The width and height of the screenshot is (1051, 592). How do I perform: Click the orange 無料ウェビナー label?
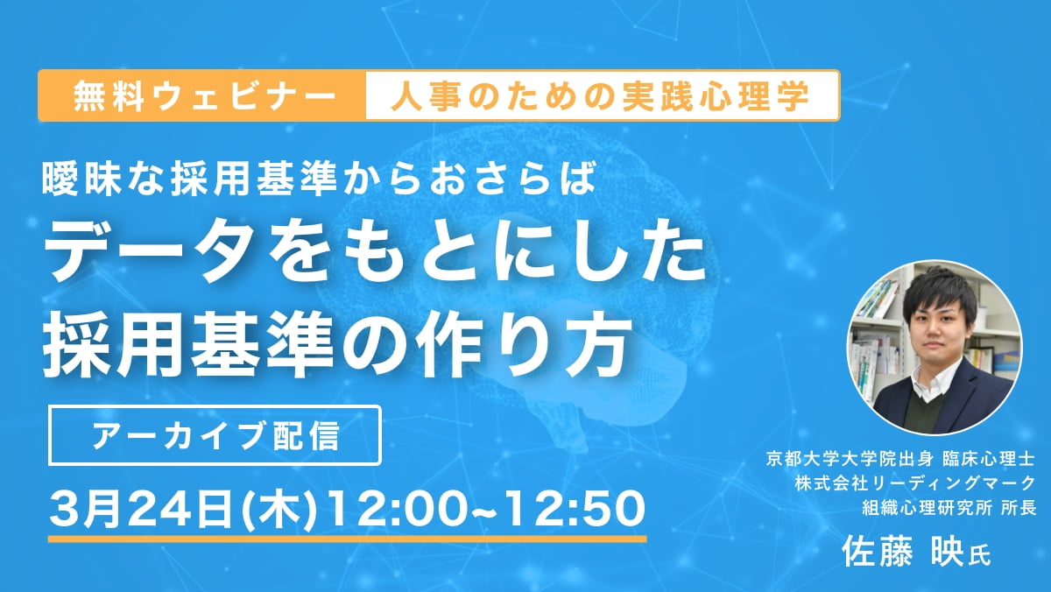[202, 95]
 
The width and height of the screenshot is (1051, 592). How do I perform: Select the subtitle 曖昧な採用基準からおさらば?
[319, 179]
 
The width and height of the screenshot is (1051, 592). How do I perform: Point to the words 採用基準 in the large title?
[188, 347]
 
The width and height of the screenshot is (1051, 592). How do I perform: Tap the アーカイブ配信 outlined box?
[215, 435]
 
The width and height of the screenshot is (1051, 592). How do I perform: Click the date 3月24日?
[142, 510]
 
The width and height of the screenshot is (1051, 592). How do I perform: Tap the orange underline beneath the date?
[347, 539]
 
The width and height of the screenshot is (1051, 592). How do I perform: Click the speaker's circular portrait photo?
[935, 348]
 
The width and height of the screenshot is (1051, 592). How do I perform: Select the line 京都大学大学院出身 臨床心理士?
[900, 459]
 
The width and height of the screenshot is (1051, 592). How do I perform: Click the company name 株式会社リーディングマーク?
[915, 483]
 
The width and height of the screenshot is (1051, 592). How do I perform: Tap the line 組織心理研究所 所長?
[949, 508]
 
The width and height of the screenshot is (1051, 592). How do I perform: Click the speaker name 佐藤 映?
[903, 552]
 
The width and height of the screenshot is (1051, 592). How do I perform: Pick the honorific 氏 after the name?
[979, 556]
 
